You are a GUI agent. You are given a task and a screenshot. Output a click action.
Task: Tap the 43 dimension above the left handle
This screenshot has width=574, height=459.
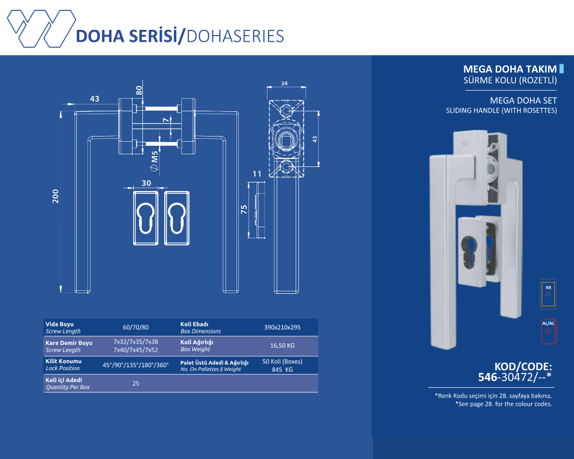click(95, 99)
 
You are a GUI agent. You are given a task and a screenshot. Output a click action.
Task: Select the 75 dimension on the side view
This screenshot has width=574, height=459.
click(244, 209)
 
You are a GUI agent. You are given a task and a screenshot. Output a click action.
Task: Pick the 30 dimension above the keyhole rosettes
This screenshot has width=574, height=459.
click(146, 183)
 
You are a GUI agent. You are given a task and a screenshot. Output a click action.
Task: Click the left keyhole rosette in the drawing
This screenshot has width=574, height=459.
click(146, 217)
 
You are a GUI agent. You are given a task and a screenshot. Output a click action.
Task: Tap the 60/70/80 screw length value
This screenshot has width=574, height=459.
click(136, 328)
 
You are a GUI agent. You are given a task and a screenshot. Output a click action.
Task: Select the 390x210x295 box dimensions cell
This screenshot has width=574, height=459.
click(282, 328)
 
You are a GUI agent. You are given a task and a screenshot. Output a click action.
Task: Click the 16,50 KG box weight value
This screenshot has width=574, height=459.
click(282, 346)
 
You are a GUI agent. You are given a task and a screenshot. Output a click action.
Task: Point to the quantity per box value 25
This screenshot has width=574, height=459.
click(136, 383)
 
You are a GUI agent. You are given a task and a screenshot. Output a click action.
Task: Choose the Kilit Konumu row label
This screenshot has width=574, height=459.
click(64, 361)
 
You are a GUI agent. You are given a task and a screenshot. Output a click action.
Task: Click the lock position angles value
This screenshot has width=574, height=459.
click(136, 365)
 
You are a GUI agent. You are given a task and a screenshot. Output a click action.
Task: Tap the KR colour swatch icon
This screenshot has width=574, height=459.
click(548, 293)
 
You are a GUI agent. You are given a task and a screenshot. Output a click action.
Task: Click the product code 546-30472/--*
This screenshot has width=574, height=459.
click(515, 377)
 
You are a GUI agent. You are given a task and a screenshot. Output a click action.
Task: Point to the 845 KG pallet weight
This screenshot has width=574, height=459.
click(282, 370)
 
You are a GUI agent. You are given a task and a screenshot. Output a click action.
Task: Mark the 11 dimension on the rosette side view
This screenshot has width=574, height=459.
click(257, 174)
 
